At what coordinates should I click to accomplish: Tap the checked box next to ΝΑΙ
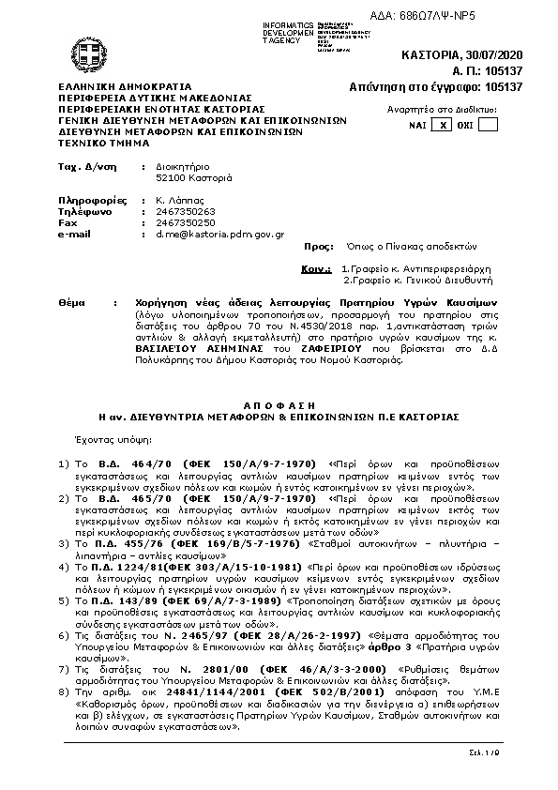pos(445,125)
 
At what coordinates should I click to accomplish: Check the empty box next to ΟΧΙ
pos(488,125)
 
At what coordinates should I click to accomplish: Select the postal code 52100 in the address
pos(156,177)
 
